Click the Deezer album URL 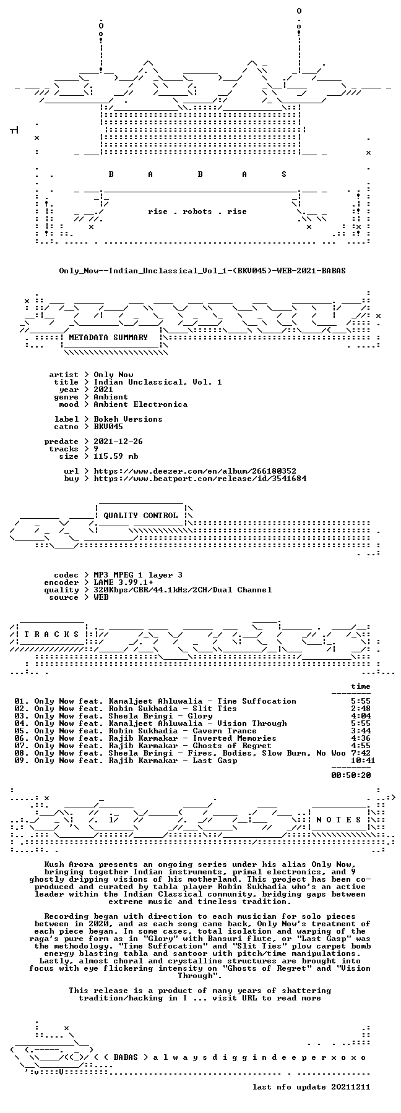(x=195, y=471)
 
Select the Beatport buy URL (x=200, y=479)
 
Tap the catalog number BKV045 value (x=108, y=427)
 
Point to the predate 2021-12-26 (x=118, y=441)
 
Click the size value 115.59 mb (x=116, y=456)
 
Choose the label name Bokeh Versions (x=128, y=419)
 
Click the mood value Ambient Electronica (x=140, y=404)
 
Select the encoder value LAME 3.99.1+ (x=123, y=582)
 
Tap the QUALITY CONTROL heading (x=140, y=516)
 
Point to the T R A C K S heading (x=51, y=634)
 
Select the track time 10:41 (x=363, y=761)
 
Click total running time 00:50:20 (x=351, y=775)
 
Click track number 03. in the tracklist (x=22, y=716)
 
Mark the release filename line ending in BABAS (x=202, y=271)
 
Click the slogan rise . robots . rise (x=197, y=211)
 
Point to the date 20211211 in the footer (x=351, y=1087)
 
